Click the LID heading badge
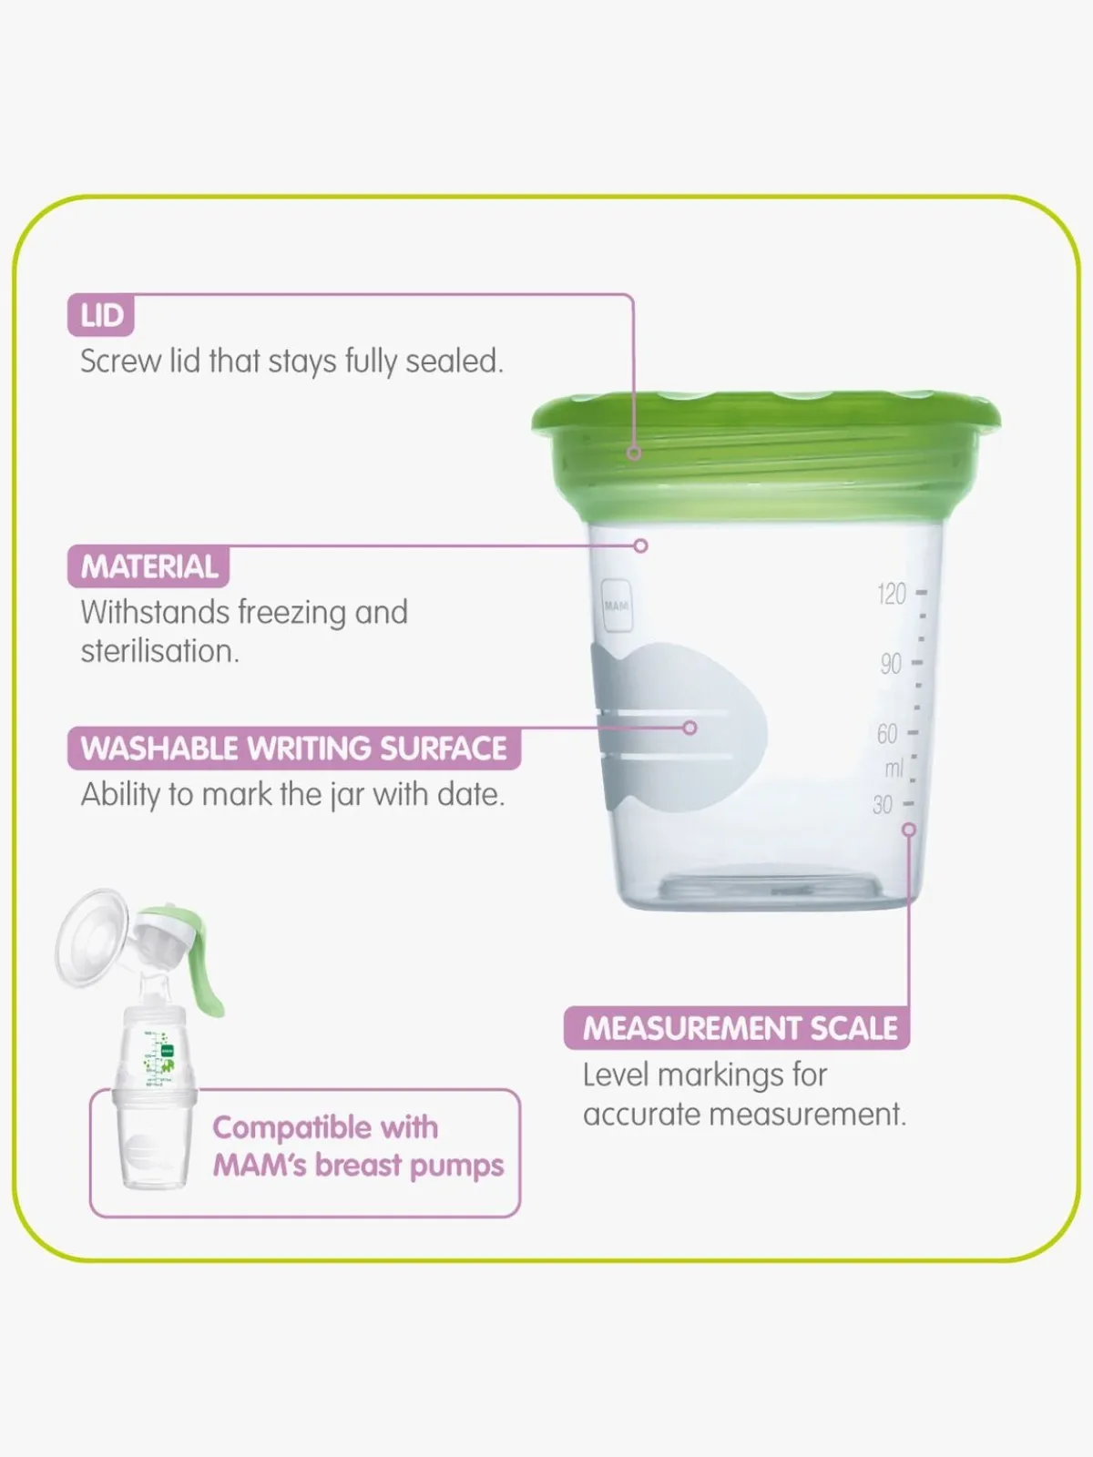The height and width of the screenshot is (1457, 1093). pyautogui.click(x=101, y=315)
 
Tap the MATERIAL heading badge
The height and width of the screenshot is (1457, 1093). pyautogui.click(x=148, y=566)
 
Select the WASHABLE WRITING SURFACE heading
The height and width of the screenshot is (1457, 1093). pyautogui.click(x=294, y=749)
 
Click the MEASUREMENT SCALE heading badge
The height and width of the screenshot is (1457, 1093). pyautogui.click(x=737, y=1028)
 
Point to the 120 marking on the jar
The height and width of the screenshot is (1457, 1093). pyautogui.click(x=892, y=594)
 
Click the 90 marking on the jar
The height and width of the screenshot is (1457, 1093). pyautogui.click(x=892, y=663)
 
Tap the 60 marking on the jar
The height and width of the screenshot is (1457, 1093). pyautogui.click(x=887, y=733)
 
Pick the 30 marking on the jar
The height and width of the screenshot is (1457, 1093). pyautogui.click(x=883, y=804)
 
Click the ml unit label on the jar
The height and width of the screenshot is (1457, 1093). pyautogui.click(x=894, y=769)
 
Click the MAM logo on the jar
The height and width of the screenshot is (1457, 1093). pyautogui.click(x=617, y=606)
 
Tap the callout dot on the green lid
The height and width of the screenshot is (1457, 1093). pyautogui.click(x=634, y=453)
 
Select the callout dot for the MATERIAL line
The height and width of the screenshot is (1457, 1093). pyautogui.click(x=640, y=545)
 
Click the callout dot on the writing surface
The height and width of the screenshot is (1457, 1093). pyautogui.click(x=690, y=728)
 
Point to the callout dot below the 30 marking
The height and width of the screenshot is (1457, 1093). pyautogui.click(x=909, y=830)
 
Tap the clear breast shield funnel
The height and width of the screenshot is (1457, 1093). pyautogui.click(x=92, y=937)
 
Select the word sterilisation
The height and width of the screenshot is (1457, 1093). pyautogui.click(x=160, y=651)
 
